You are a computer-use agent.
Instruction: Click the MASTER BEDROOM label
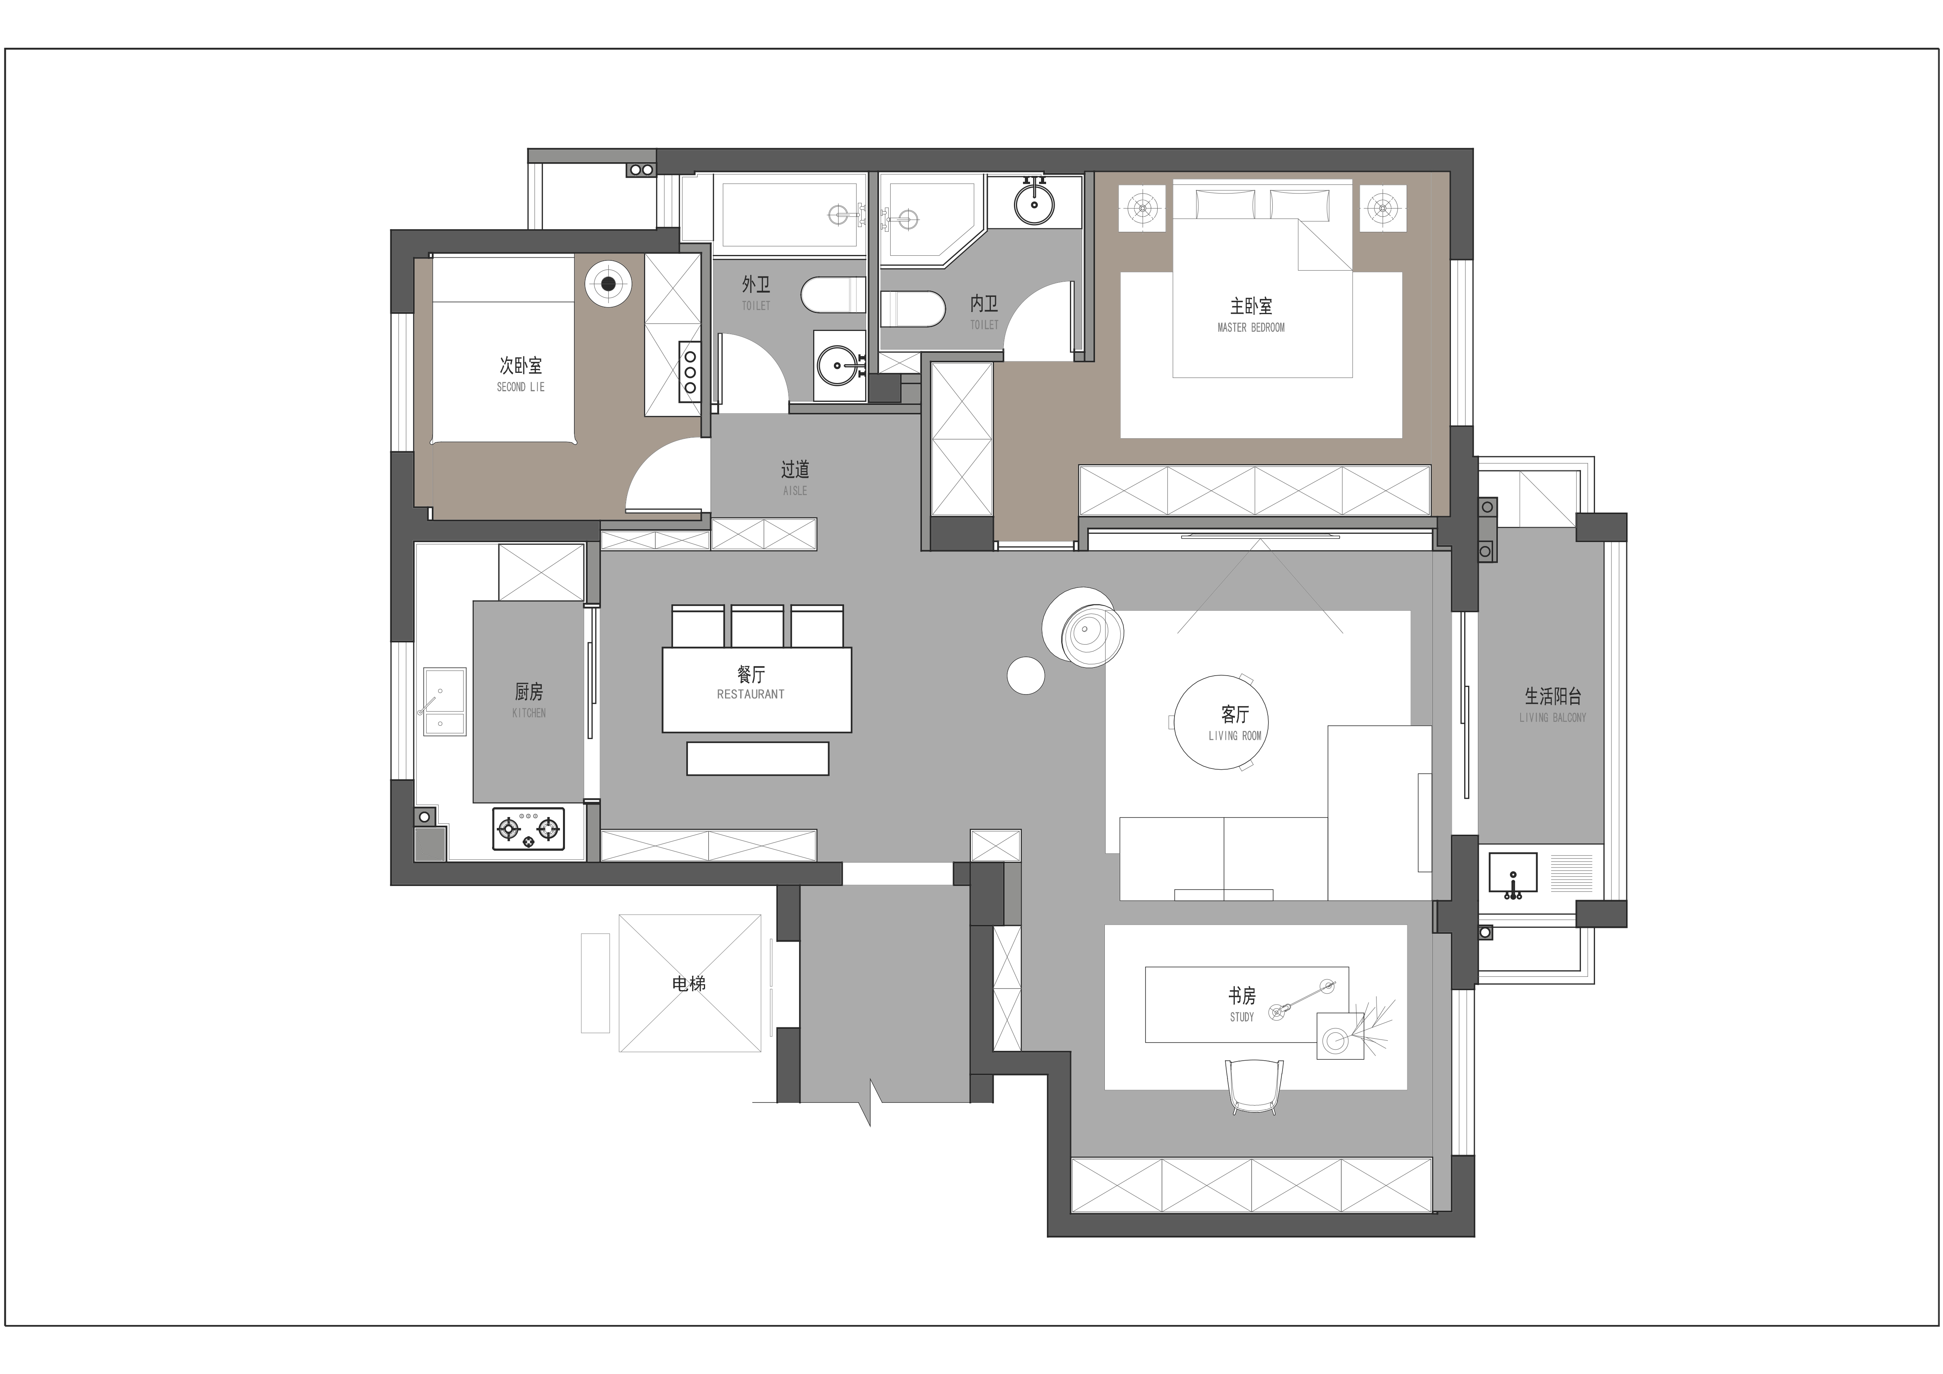pyautogui.click(x=1251, y=327)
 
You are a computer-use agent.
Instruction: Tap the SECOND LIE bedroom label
pyautogui.click(x=520, y=387)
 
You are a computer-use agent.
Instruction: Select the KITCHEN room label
pyautogui.click(x=529, y=713)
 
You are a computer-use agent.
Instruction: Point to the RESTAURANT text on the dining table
pyautogui.click(x=750, y=694)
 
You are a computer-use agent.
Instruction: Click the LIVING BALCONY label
pyautogui.click(x=1553, y=718)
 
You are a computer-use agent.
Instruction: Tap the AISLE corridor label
pyautogui.click(x=795, y=491)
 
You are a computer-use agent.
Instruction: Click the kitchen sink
pyautogui.click(x=444, y=702)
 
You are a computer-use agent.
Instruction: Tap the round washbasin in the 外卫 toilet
pyautogui.click(x=839, y=366)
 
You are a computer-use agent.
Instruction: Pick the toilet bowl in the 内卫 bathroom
pyautogui.click(x=911, y=309)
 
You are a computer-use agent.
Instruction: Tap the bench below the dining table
pyautogui.click(x=758, y=759)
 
